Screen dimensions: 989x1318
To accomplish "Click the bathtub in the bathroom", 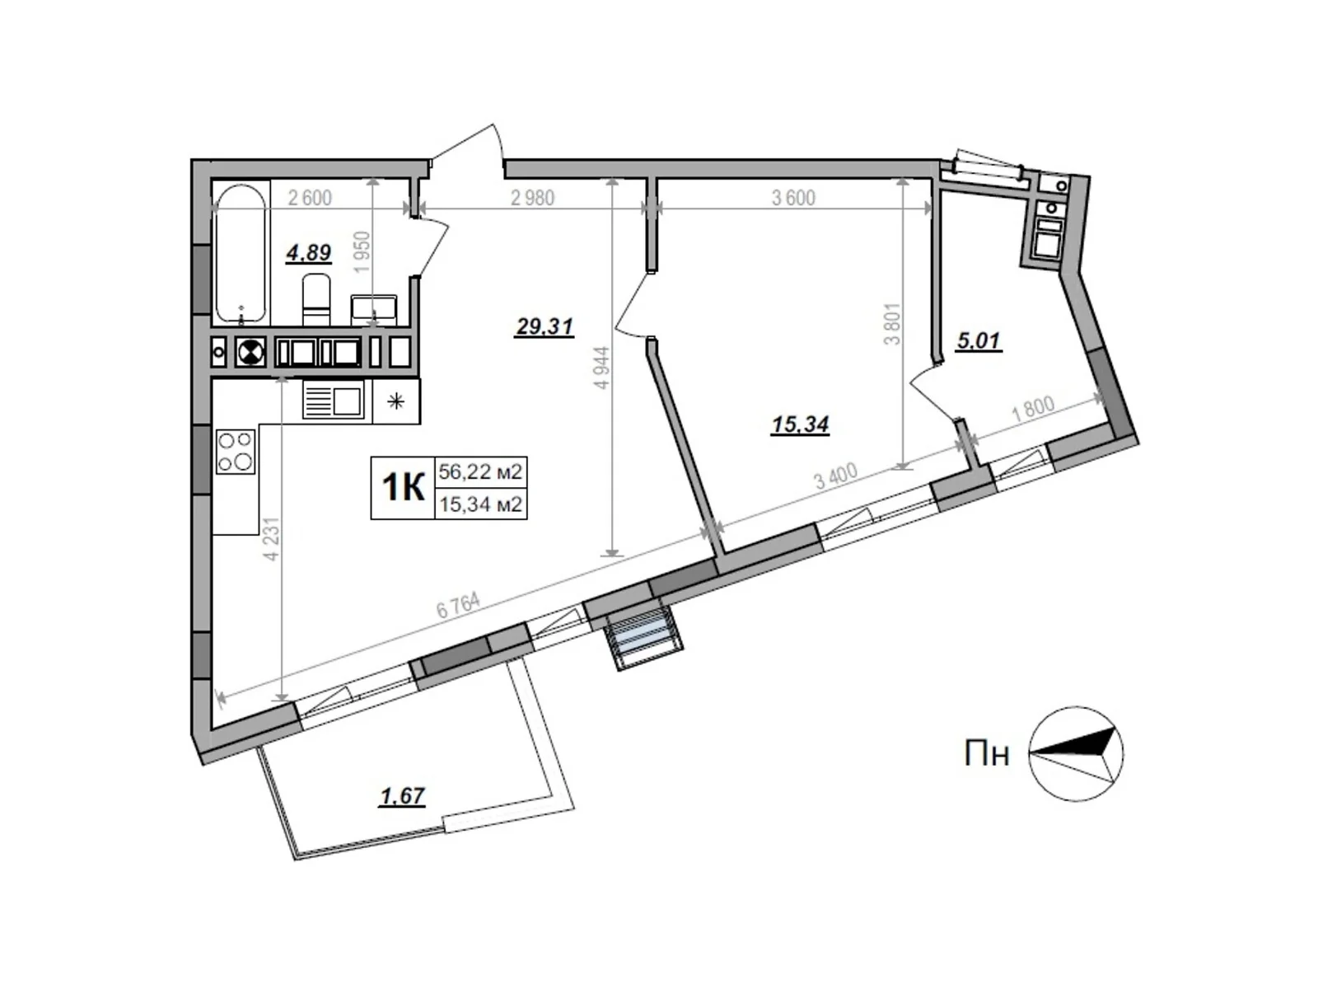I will click(241, 253).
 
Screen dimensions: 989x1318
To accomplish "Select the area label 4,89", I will click(309, 252).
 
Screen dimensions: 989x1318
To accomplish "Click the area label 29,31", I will click(544, 327).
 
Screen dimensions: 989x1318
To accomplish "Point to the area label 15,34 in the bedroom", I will click(800, 424).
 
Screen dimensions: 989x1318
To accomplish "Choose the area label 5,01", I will click(979, 340).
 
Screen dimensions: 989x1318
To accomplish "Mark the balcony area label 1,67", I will click(402, 796).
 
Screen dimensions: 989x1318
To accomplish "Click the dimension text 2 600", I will click(310, 198).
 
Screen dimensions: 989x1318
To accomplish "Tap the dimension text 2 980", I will click(532, 198).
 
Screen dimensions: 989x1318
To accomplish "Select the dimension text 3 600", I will click(793, 198).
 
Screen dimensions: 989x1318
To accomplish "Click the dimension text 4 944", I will click(602, 368).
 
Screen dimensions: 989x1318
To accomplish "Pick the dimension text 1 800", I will click(1033, 410).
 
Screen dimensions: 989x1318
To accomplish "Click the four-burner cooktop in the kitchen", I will click(235, 452).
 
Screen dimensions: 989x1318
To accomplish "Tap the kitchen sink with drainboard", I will click(333, 401).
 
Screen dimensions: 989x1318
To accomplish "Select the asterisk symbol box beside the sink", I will click(396, 401).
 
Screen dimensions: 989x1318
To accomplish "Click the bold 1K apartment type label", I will click(403, 487).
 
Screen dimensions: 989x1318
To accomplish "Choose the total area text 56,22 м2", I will click(480, 472).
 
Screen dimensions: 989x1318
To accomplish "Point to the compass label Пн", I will click(987, 753).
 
